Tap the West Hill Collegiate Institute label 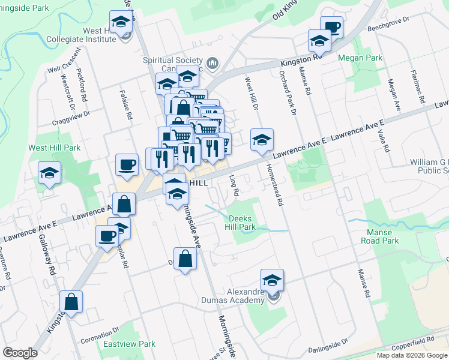tap(91, 35)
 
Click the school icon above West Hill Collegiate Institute tap(121, 23)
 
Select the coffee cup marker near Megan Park tap(331, 26)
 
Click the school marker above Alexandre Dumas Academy tap(272, 280)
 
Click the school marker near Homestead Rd tap(262, 140)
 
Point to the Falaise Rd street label tap(128, 105)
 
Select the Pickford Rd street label tap(82, 85)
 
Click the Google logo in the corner tap(20, 353)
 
